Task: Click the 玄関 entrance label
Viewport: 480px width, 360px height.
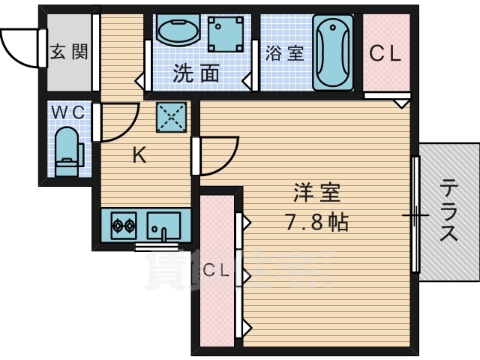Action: pos(68,52)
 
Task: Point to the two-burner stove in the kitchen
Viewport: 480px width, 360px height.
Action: pos(123,224)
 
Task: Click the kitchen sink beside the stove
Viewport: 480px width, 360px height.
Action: pos(163,223)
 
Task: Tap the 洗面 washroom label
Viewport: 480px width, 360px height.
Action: pos(196,73)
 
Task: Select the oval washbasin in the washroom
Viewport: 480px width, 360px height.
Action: pos(177,31)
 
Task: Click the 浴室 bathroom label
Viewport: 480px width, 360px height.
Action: pos(284,53)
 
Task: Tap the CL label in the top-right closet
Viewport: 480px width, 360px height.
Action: pos(386,53)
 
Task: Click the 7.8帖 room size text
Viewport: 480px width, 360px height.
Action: pos(318,222)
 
